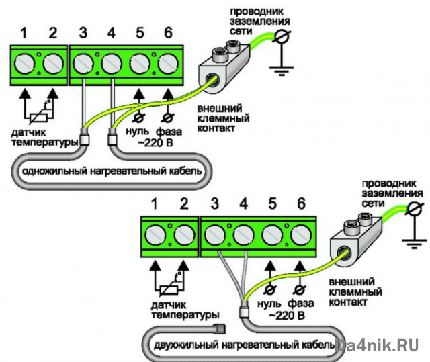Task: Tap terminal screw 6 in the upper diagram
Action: [168, 64]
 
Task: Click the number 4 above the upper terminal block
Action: [111, 32]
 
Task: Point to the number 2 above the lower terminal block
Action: [183, 203]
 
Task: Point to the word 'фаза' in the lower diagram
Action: [298, 304]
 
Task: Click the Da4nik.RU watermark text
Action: [380, 345]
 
